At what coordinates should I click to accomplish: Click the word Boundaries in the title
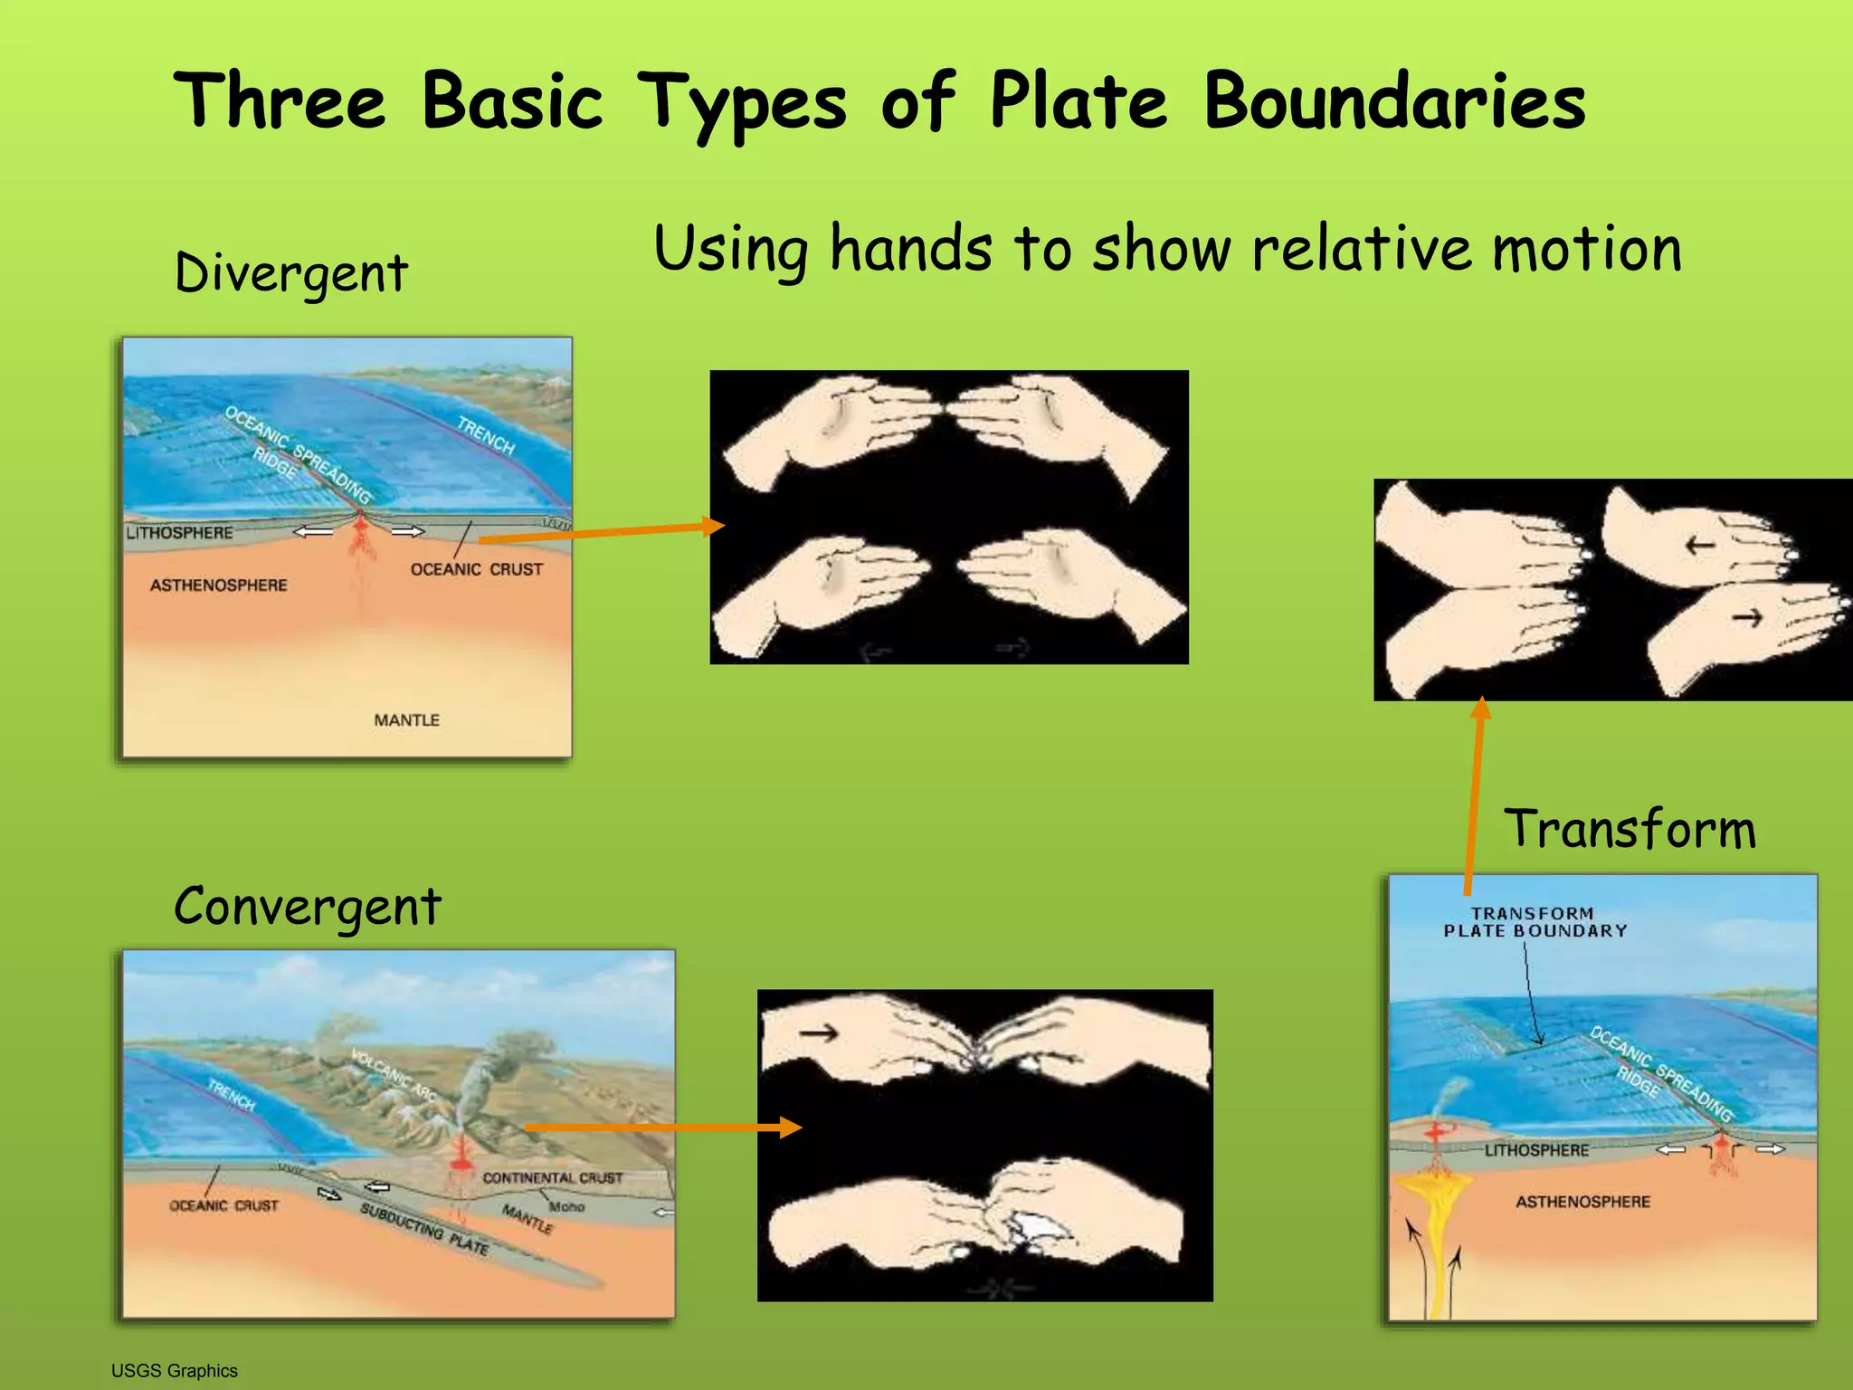click(x=1394, y=101)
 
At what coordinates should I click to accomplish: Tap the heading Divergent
click(x=291, y=272)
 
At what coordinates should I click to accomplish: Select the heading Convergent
click(x=308, y=906)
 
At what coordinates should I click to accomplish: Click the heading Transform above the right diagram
click(x=1630, y=828)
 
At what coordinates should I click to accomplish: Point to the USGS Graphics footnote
click(x=175, y=1371)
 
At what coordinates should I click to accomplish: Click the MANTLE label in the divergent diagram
click(x=407, y=720)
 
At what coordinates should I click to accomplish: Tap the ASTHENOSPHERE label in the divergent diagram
click(x=219, y=586)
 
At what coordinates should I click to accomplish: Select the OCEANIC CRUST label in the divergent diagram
click(x=477, y=569)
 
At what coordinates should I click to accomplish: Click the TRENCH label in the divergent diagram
click(x=486, y=435)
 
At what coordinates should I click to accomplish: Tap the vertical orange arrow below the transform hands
click(x=1475, y=796)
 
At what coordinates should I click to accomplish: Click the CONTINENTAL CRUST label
click(x=553, y=1178)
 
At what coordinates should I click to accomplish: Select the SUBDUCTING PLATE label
click(x=424, y=1228)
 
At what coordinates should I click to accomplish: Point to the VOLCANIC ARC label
click(x=394, y=1075)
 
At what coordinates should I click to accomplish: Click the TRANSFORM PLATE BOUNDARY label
click(x=1535, y=922)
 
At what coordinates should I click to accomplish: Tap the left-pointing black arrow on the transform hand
click(x=1700, y=545)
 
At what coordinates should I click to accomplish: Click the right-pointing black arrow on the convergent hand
click(x=818, y=1033)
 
